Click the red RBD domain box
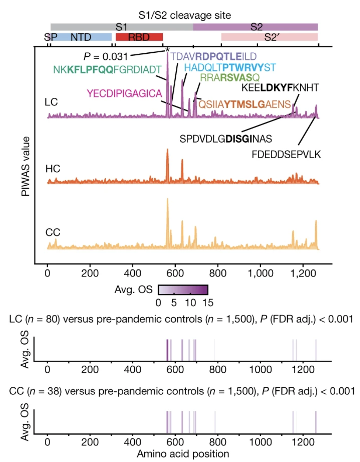point(139,37)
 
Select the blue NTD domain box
point(81,37)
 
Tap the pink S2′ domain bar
point(270,37)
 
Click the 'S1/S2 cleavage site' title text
point(185,15)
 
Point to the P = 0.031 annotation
point(105,56)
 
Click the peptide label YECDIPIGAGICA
point(124,93)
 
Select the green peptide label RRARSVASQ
point(230,77)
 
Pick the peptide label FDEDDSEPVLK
point(286,155)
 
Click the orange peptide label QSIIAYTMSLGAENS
point(245,104)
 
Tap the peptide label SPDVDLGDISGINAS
point(226,139)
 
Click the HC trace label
point(53,169)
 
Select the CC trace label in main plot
point(53,233)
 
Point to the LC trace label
point(51,102)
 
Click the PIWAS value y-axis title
point(26,166)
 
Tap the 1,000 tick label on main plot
point(260,273)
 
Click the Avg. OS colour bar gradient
point(183,290)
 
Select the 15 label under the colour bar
point(208,303)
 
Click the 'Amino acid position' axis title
point(183,454)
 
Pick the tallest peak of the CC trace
point(167,200)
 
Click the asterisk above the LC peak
point(167,50)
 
